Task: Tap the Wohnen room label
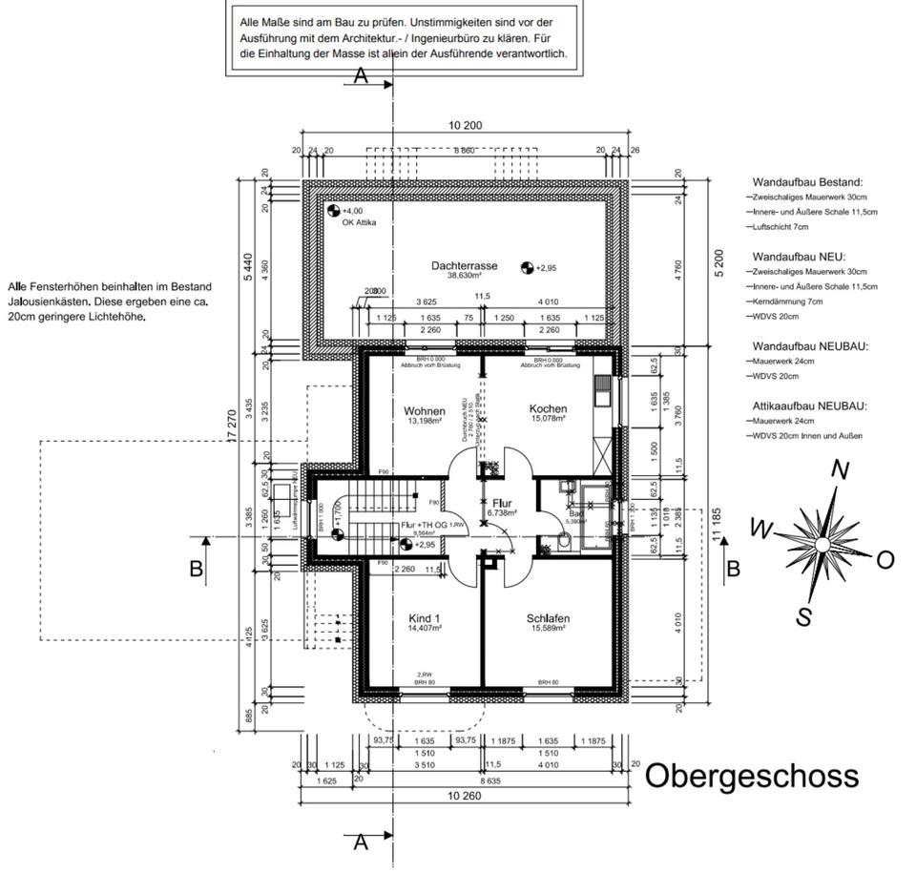pyautogui.click(x=424, y=411)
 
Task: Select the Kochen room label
pyautogui.click(x=548, y=409)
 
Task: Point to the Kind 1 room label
pyautogui.click(x=424, y=618)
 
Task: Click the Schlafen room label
pyautogui.click(x=548, y=618)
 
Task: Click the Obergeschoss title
pyautogui.click(x=752, y=776)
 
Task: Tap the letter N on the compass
pyautogui.click(x=841, y=469)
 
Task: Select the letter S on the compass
pyautogui.click(x=804, y=617)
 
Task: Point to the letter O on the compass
pyautogui.click(x=885, y=560)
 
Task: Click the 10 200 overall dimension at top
pyautogui.click(x=465, y=126)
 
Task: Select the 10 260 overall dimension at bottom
pyautogui.click(x=465, y=795)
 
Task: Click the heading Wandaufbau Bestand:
pyautogui.click(x=807, y=181)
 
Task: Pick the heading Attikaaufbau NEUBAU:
pyautogui.click(x=808, y=405)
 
